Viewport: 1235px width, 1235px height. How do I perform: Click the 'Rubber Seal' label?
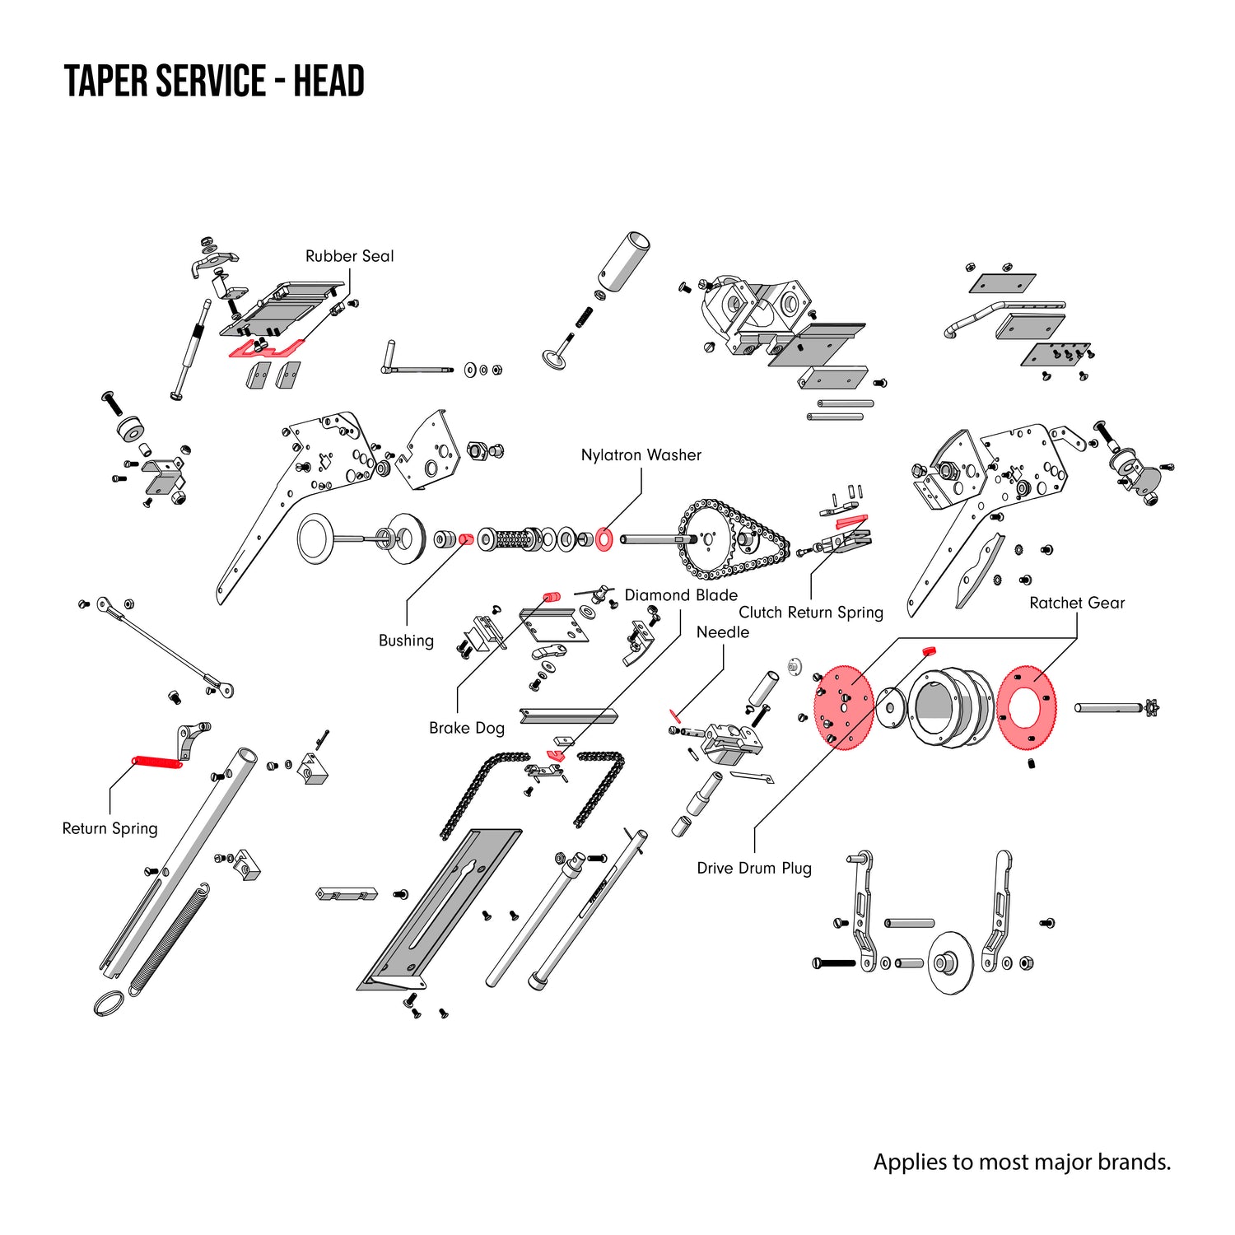tap(349, 256)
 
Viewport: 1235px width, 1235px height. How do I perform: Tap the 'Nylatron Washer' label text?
tap(641, 455)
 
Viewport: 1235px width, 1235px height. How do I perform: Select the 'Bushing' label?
tap(406, 641)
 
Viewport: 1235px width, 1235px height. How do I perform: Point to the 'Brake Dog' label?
tap(466, 728)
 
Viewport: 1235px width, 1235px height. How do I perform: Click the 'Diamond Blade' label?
tap(681, 595)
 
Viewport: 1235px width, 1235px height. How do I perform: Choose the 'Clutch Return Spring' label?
tap(810, 613)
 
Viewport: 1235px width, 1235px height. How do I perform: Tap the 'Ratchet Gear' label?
tap(1076, 603)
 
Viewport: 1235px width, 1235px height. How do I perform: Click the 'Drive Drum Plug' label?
tap(753, 868)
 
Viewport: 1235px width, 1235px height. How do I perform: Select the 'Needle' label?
tap(722, 632)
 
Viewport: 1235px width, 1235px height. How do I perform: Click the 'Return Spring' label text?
tap(110, 828)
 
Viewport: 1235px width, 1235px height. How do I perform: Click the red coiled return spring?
tap(157, 762)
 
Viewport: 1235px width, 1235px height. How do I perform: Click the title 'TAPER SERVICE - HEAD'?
tap(214, 82)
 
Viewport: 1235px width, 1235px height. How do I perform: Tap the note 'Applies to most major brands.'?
tap(1021, 1162)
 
